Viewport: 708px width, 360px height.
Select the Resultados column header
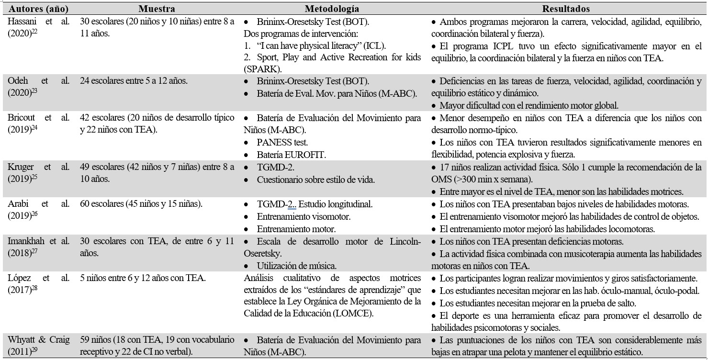tap(566, 9)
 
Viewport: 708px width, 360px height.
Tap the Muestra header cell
tap(157, 9)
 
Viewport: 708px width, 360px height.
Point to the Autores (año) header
tap(38, 9)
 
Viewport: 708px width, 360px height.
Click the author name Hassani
tap(22, 22)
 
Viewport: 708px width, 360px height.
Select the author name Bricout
tap(22, 118)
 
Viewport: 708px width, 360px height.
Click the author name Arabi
tap(19, 203)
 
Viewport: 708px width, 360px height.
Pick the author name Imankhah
tap(28, 241)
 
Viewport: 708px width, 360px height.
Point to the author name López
tap(19, 278)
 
